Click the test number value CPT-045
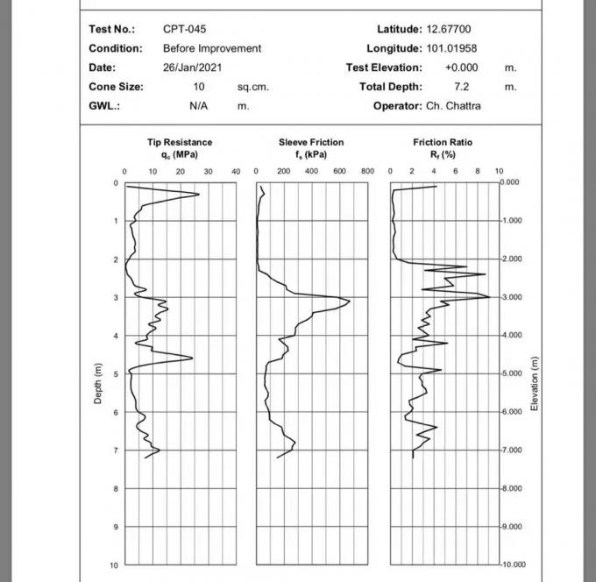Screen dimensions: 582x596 click(x=184, y=29)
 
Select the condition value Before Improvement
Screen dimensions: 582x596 click(x=212, y=48)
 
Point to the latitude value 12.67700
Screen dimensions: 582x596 click(x=449, y=29)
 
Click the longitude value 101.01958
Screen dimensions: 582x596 click(x=451, y=48)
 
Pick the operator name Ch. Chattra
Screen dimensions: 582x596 click(x=453, y=106)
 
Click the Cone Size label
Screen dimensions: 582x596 click(x=116, y=87)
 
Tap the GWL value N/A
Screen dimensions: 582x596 click(x=198, y=106)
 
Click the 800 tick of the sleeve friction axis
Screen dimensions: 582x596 click(x=368, y=172)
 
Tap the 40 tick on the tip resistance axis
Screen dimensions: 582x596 click(x=236, y=172)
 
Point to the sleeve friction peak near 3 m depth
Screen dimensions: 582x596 click(x=349, y=302)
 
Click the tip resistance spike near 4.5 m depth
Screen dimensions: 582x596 click(x=192, y=358)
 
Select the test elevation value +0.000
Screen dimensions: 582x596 click(x=461, y=67)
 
